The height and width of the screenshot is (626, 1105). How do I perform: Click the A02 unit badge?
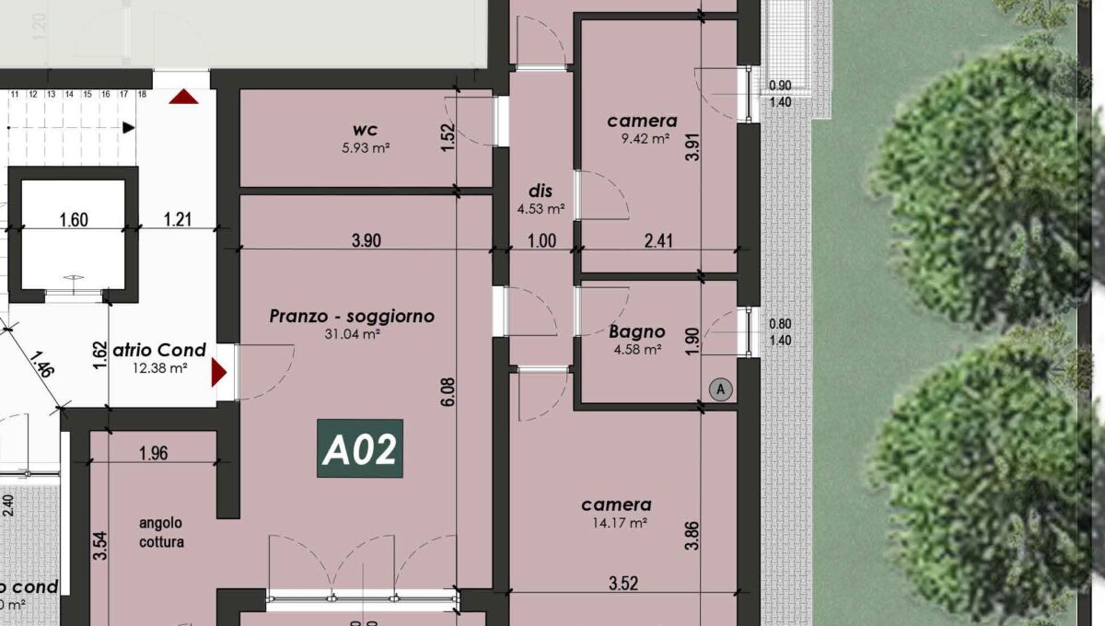click(360, 450)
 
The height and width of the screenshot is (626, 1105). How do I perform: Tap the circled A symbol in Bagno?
click(722, 389)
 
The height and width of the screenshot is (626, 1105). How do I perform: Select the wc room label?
click(365, 129)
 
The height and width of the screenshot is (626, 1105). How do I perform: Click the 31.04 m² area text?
click(353, 334)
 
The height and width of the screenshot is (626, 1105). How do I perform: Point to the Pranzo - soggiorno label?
click(352, 317)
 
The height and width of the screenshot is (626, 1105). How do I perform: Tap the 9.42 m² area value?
click(642, 140)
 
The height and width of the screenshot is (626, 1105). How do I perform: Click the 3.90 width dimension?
click(366, 241)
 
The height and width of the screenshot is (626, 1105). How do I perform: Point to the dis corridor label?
click(540, 191)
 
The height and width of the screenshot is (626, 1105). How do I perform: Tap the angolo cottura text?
click(161, 533)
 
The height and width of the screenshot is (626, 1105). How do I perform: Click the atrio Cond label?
click(158, 350)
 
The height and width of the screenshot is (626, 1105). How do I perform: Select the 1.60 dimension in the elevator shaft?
click(73, 219)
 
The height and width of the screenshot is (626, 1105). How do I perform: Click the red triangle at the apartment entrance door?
click(219, 373)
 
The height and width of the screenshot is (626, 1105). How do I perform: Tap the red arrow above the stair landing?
click(183, 96)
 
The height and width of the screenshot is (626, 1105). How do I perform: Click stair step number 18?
click(143, 94)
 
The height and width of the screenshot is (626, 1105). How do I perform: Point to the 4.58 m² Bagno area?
click(636, 349)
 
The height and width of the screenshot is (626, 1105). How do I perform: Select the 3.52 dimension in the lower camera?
click(623, 583)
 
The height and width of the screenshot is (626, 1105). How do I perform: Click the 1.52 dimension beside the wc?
click(448, 138)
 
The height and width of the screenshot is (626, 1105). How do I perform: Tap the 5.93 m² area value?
click(365, 146)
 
